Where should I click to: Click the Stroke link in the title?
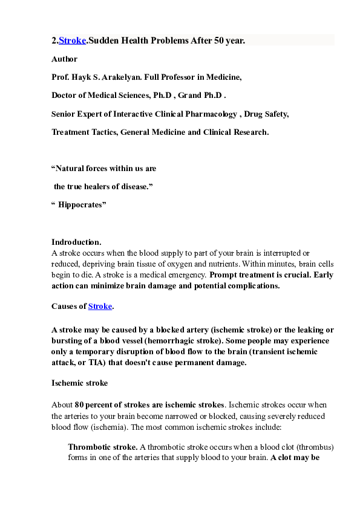click(72, 41)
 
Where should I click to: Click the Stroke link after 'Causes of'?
click(100, 306)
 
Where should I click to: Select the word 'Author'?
click(64, 59)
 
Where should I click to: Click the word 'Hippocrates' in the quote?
click(82, 205)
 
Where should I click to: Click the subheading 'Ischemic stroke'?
click(80, 383)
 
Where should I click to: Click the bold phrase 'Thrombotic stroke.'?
click(102, 447)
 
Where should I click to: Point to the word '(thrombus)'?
click(315, 447)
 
